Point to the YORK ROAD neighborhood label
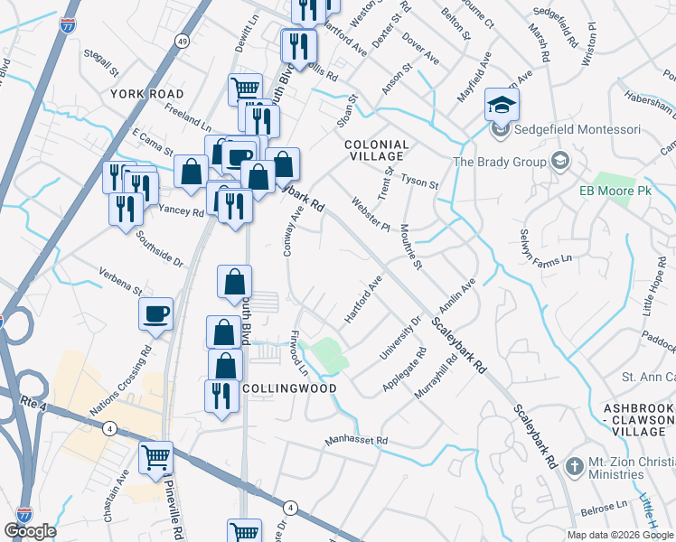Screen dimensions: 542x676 146,94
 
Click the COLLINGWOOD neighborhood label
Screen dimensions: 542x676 289,388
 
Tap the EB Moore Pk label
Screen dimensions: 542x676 617,192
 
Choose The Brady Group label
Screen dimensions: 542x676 499,162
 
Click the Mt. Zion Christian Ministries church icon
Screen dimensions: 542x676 573,467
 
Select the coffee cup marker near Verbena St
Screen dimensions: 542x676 156,313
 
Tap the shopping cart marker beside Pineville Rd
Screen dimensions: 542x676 156,458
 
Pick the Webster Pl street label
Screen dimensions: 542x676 370,214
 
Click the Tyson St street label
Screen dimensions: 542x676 419,183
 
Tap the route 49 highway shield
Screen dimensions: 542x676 183,42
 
